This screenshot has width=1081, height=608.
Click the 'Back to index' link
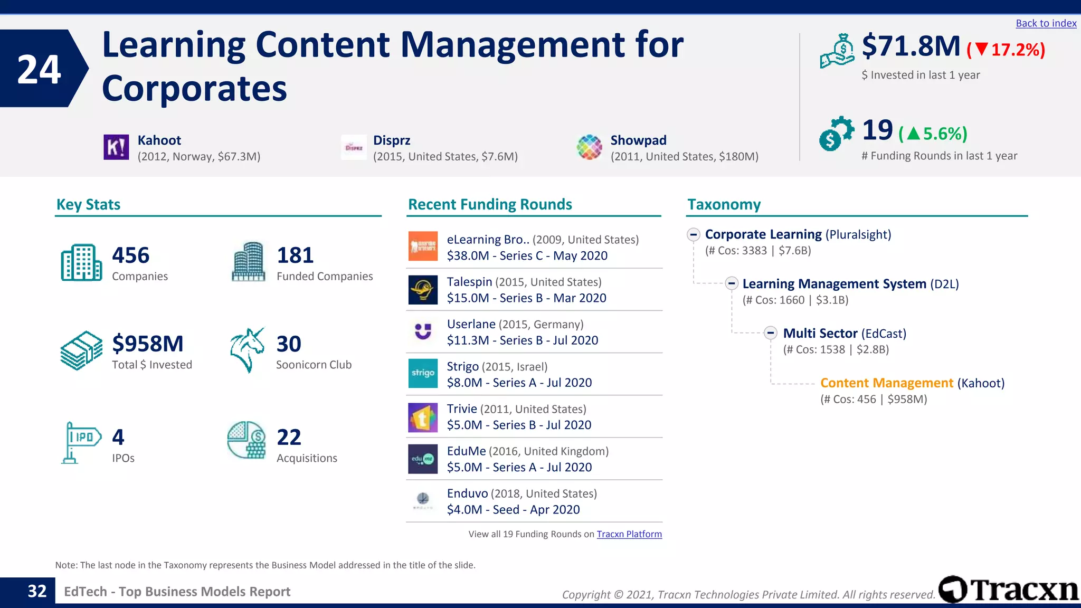click(x=1046, y=23)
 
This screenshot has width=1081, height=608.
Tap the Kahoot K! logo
click(x=116, y=147)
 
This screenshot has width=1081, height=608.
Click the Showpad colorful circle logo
click(x=589, y=147)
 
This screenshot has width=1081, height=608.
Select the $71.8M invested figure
click(x=911, y=46)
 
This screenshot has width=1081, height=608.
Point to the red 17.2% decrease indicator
click(x=1006, y=50)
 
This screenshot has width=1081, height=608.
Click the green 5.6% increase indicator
click(x=933, y=134)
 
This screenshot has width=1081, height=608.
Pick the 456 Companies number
click(x=131, y=255)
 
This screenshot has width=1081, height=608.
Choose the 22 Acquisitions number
click(x=289, y=437)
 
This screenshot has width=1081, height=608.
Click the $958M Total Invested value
click(x=148, y=344)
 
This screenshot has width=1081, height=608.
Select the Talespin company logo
click(x=423, y=290)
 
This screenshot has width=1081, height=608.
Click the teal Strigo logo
click(x=423, y=373)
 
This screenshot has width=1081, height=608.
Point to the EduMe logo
click(x=423, y=459)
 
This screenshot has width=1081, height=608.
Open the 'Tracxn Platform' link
click(x=629, y=534)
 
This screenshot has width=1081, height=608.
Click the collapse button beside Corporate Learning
click(x=694, y=234)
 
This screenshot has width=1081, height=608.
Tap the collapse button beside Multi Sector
click(x=771, y=333)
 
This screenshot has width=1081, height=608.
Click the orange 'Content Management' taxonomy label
click(x=887, y=383)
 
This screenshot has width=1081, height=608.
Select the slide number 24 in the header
click(x=39, y=69)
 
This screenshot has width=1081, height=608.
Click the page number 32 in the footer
click(x=37, y=591)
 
